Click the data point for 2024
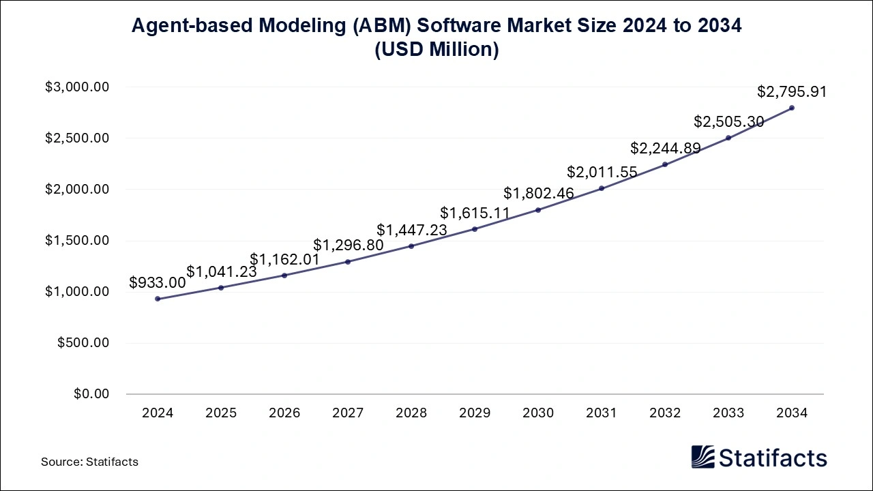click(x=158, y=299)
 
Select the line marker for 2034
click(x=792, y=108)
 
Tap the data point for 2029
click(x=475, y=229)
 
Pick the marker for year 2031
click(x=602, y=188)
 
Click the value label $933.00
click(x=157, y=283)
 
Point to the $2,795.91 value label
click(x=792, y=91)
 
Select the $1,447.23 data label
click(x=412, y=230)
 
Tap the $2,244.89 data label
click(x=665, y=148)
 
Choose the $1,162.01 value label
click(x=284, y=259)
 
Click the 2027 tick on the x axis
click(x=348, y=413)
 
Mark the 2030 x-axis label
click(x=538, y=413)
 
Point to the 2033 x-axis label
click(x=728, y=413)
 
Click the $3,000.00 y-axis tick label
click(x=77, y=87)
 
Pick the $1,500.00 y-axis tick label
click(x=77, y=241)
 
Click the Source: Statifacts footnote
click(x=89, y=462)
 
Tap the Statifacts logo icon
click(x=702, y=457)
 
